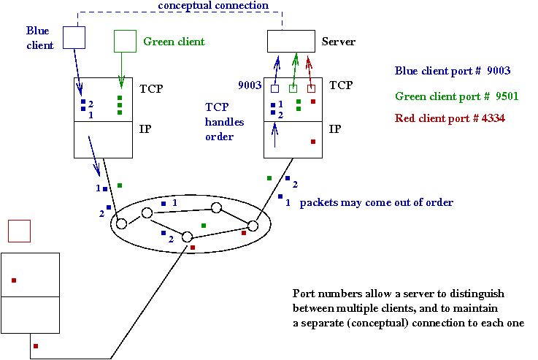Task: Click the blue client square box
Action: [74, 37]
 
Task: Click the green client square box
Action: [125, 41]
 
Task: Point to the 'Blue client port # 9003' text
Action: [452, 71]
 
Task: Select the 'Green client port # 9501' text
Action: [453, 96]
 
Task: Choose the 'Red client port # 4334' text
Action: [449, 118]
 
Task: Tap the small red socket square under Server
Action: [311, 88]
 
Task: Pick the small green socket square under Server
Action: [293, 88]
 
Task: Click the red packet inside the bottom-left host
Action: [14, 280]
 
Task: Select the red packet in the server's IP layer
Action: [313, 142]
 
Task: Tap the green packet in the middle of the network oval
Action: [204, 226]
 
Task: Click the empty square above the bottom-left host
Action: [18, 231]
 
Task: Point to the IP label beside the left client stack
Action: [145, 129]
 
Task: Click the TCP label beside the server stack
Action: [342, 86]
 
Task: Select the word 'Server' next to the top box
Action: [339, 42]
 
